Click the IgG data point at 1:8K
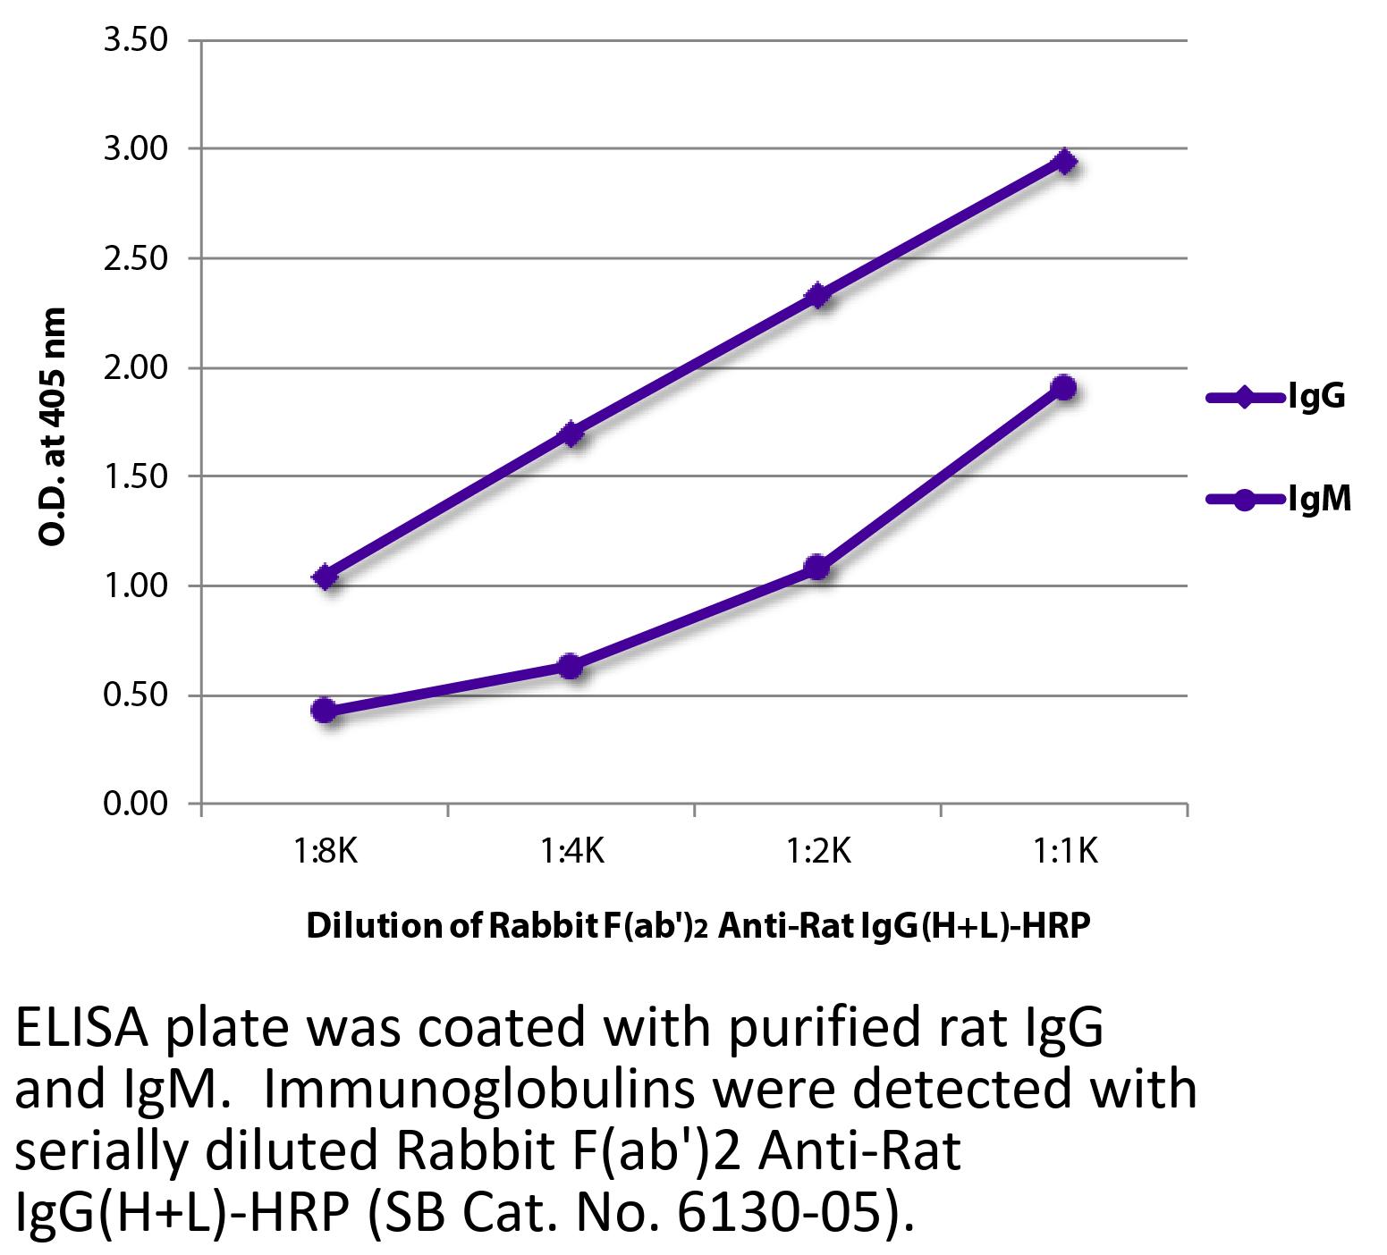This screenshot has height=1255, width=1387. (326, 577)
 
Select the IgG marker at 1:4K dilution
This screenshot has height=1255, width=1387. (571, 434)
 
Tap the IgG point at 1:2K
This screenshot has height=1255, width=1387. (817, 296)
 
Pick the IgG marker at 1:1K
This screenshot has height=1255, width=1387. (1064, 162)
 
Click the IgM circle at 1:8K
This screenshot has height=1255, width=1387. (325, 711)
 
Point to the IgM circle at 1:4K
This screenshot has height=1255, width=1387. (571, 666)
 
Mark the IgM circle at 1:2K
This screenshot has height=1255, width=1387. (816, 568)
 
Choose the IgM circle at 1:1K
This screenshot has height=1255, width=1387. (1063, 388)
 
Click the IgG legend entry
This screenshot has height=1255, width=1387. (1315, 397)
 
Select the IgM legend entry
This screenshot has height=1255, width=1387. (1318, 500)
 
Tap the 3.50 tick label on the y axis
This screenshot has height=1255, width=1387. (136, 41)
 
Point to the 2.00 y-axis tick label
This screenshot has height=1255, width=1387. (136, 368)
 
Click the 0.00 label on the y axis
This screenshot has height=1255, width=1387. (136, 804)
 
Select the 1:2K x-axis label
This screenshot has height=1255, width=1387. (817, 852)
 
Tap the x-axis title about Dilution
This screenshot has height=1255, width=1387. (698, 926)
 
